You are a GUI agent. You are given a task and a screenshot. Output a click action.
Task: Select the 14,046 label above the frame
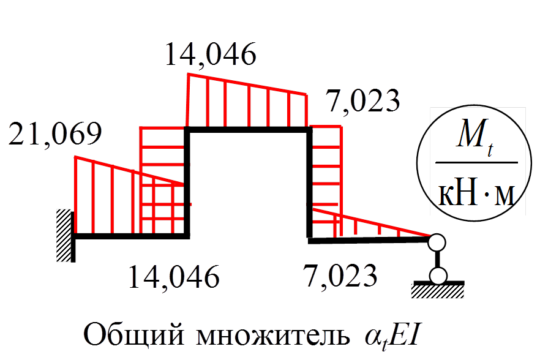click(x=210, y=56)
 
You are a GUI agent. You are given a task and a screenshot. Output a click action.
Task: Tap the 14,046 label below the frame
click(x=173, y=277)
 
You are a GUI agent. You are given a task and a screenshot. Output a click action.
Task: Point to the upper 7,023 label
click(x=363, y=101)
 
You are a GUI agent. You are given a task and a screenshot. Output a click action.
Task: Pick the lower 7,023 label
click(x=340, y=277)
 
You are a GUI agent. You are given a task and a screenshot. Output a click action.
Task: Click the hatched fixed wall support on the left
click(x=64, y=236)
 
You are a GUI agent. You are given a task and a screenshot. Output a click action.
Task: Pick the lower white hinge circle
click(x=438, y=276)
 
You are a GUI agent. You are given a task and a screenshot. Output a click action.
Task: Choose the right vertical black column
click(x=308, y=184)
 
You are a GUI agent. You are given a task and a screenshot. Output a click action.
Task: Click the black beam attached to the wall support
click(x=129, y=234)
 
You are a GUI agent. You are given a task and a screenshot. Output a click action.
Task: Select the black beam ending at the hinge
click(x=367, y=241)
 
